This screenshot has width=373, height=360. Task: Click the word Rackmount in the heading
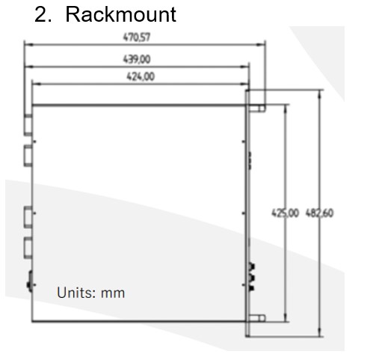121,14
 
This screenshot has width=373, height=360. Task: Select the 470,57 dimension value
137,37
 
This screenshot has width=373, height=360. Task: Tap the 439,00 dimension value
137,59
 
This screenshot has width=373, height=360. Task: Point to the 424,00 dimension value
141,76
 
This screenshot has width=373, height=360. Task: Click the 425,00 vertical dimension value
285,213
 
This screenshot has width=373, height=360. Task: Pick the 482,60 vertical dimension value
319,213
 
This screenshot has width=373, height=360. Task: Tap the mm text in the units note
113,293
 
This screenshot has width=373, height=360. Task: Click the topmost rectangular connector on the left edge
28,125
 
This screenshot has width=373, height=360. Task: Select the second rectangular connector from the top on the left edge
28,156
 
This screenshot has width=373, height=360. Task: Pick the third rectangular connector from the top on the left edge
28,217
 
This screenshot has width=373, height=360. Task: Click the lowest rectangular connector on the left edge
28,248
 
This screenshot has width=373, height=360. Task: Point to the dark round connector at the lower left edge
30,281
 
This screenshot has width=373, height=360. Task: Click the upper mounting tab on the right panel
257,108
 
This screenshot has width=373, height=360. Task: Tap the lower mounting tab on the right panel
257,318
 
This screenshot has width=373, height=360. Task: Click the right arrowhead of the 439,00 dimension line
244,67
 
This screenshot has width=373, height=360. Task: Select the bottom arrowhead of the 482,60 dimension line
320,332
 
